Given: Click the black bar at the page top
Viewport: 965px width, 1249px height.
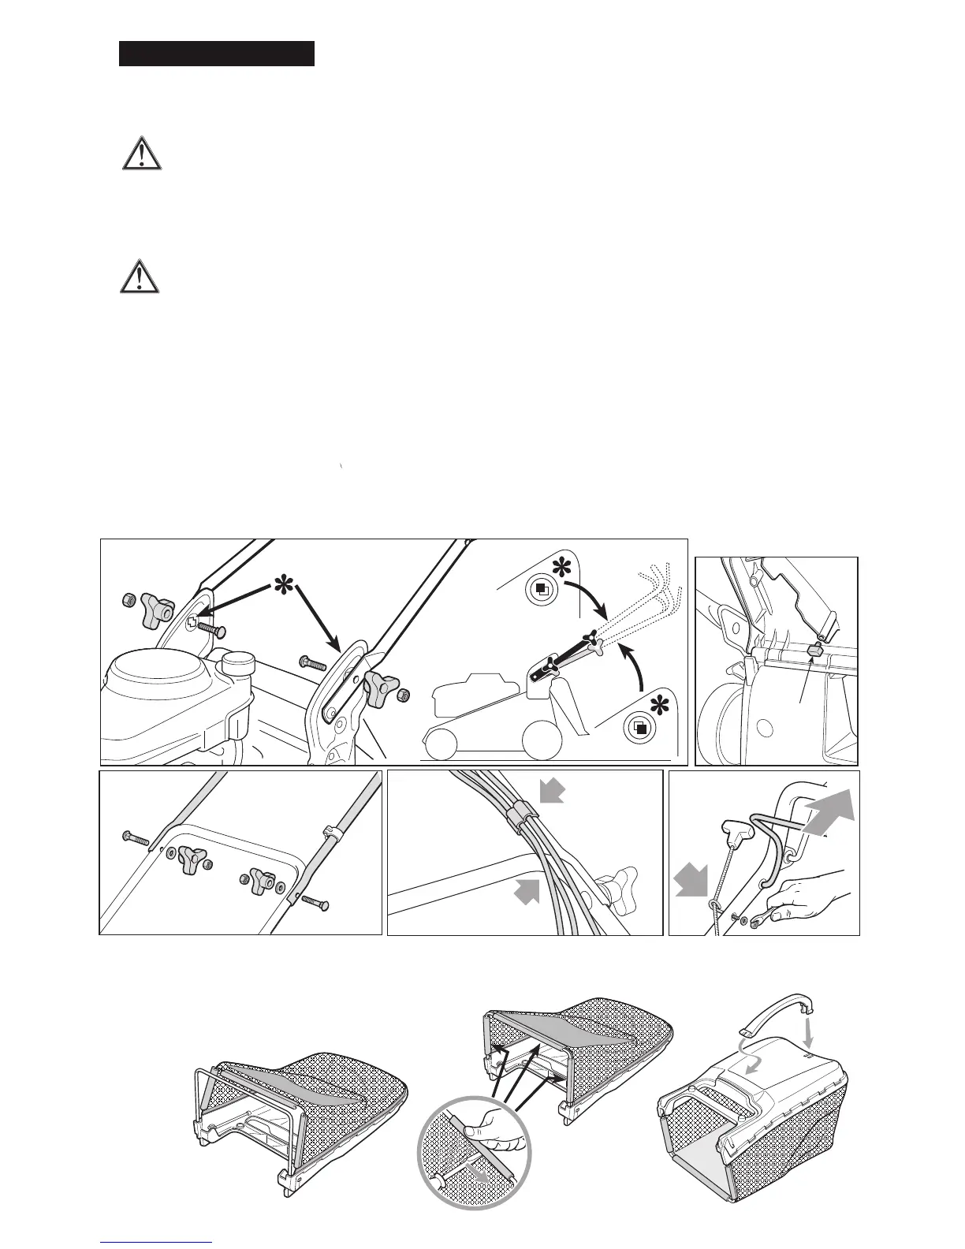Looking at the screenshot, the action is click(x=217, y=54).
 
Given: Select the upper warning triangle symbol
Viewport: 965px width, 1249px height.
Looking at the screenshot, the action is click(x=142, y=154).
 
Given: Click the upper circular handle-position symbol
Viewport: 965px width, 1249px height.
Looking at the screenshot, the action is click(x=542, y=589).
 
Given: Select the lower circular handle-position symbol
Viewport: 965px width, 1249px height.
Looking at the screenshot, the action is click(x=640, y=727).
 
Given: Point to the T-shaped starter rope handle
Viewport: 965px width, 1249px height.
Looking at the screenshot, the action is click(x=735, y=829).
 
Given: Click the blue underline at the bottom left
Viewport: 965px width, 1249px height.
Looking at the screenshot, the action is click(x=157, y=1242).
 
